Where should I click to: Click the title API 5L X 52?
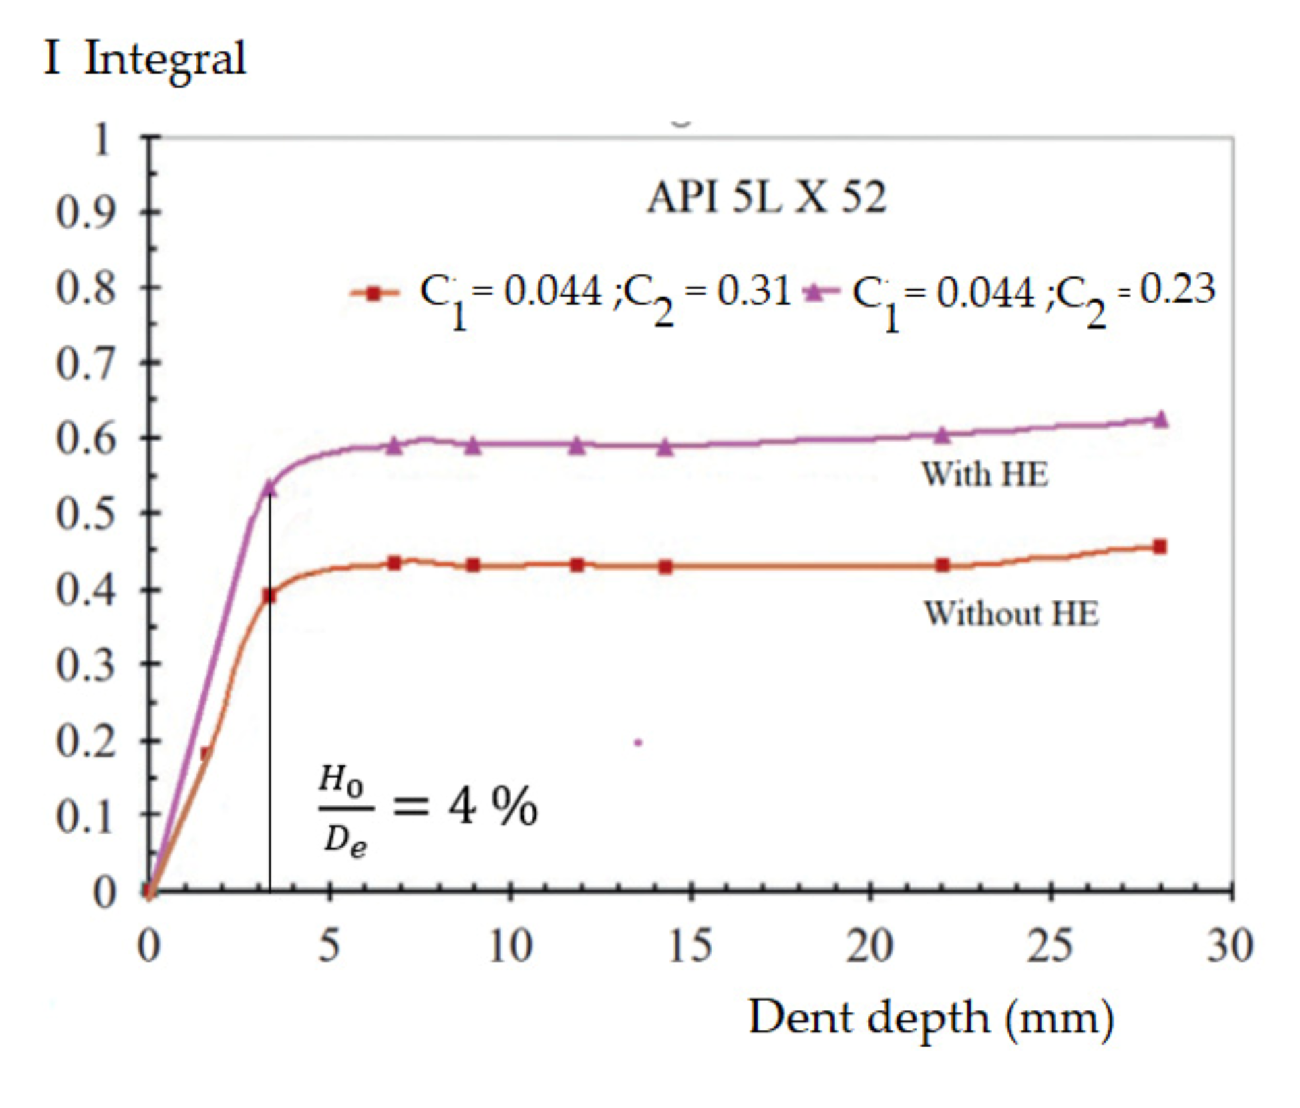pyautogui.click(x=766, y=198)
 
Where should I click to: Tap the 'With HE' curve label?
pyautogui.click(x=985, y=474)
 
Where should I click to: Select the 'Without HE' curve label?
pyautogui.click(x=1011, y=614)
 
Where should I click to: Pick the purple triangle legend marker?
pyautogui.click(x=816, y=292)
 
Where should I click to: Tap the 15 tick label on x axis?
pyautogui.click(x=689, y=946)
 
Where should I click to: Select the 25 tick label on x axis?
pyautogui.click(x=1050, y=946)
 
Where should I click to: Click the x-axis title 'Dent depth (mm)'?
pyautogui.click(x=931, y=1018)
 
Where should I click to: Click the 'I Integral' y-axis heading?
pyautogui.click(x=145, y=59)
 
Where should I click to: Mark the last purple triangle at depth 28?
pyautogui.click(x=1160, y=419)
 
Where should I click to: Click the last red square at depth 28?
pyautogui.click(x=1160, y=546)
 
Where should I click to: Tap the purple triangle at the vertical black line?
pyautogui.click(x=269, y=487)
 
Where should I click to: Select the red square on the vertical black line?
pyautogui.click(x=269, y=595)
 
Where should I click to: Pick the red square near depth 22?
pyautogui.click(x=943, y=565)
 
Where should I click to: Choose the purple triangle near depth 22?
pyautogui.click(x=942, y=435)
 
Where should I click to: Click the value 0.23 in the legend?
pyautogui.click(x=1177, y=290)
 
